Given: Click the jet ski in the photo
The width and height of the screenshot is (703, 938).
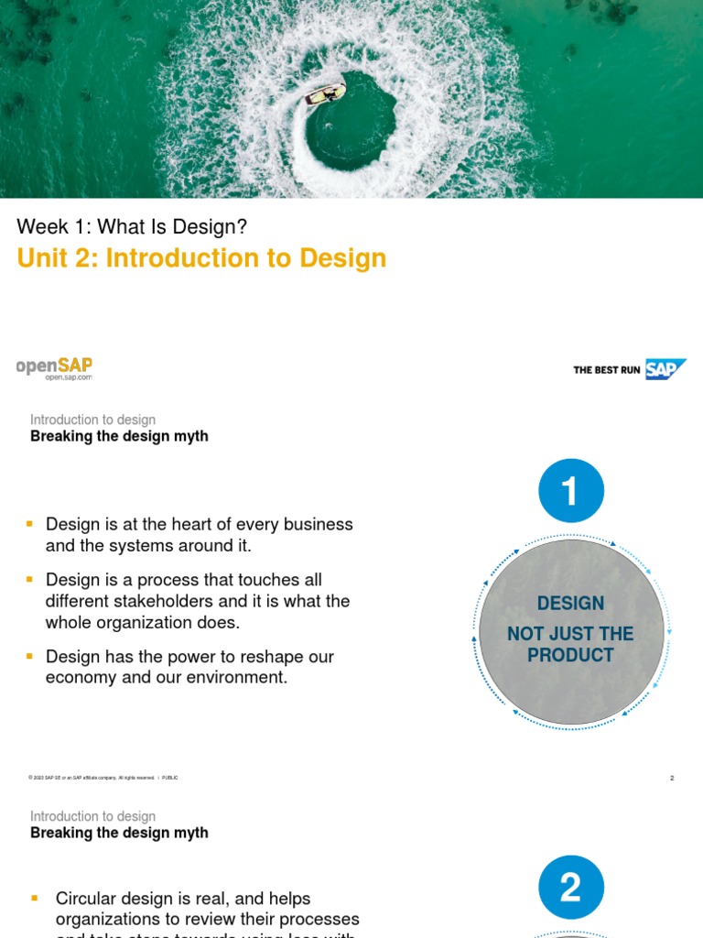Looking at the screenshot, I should (326, 94).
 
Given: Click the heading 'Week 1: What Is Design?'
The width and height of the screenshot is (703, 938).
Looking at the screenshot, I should (132, 226).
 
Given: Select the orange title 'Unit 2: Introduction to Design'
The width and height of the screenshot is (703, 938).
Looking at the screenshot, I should (201, 258).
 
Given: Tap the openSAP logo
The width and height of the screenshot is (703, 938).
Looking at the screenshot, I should (54, 365).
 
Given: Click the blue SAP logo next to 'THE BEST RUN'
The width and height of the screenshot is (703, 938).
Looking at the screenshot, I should (665, 369).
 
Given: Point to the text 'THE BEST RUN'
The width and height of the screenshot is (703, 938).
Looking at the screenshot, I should (606, 370).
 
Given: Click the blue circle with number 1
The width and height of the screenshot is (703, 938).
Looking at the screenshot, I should (571, 491).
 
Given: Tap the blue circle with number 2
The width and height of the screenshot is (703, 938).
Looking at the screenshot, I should (571, 887).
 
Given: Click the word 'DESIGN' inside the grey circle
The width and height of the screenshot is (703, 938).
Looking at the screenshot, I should (570, 603).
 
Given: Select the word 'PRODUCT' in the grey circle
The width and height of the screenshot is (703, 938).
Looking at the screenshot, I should (570, 655).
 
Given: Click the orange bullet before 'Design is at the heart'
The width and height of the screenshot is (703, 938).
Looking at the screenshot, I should (30, 524).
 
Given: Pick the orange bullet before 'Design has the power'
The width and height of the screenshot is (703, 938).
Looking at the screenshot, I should (30, 657).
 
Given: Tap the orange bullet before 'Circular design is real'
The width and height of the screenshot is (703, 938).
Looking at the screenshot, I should (36, 899).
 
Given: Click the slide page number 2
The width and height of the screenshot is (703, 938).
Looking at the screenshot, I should (672, 779).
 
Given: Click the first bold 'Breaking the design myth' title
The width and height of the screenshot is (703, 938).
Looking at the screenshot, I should (119, 436).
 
